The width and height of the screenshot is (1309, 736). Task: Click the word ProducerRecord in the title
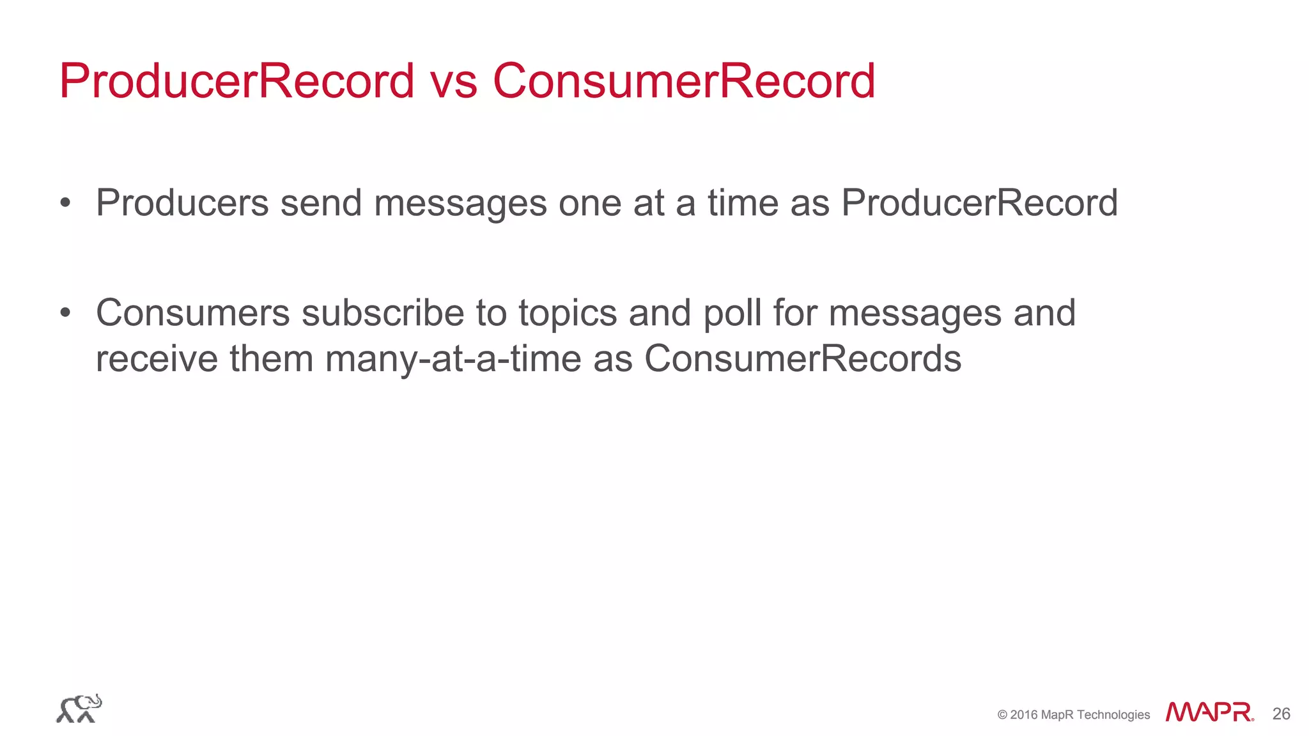pyautogui.click(x=237, y=81)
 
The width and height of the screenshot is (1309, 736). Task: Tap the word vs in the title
pyautogui.click(x=454, y=81)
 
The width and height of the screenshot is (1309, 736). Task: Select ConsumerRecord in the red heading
pyautogui.click(x=684, y=81)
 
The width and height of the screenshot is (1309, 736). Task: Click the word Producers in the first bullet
pyautogui.click(x=182, y=203)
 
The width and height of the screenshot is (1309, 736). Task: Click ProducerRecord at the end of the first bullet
pyautogui.click(x=979, y=203)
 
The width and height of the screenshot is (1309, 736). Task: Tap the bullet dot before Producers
pyautogui.click(x=65, y=204)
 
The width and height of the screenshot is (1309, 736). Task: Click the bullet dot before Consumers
pyautogui.click(x=65, y=314)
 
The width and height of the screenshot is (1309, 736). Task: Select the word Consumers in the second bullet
pyautogui.click(x=192, y=313)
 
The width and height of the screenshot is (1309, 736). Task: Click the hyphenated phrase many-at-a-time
pyautogui.click(x=453, y=359)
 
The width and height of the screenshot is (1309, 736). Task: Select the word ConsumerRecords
pyautogui.click(x=803, y=359)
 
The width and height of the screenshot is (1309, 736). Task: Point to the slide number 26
pyautogui.click(x=1281, y=714)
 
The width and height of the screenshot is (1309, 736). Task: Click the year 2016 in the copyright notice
pyautogui.click(x=1024, y=715)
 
